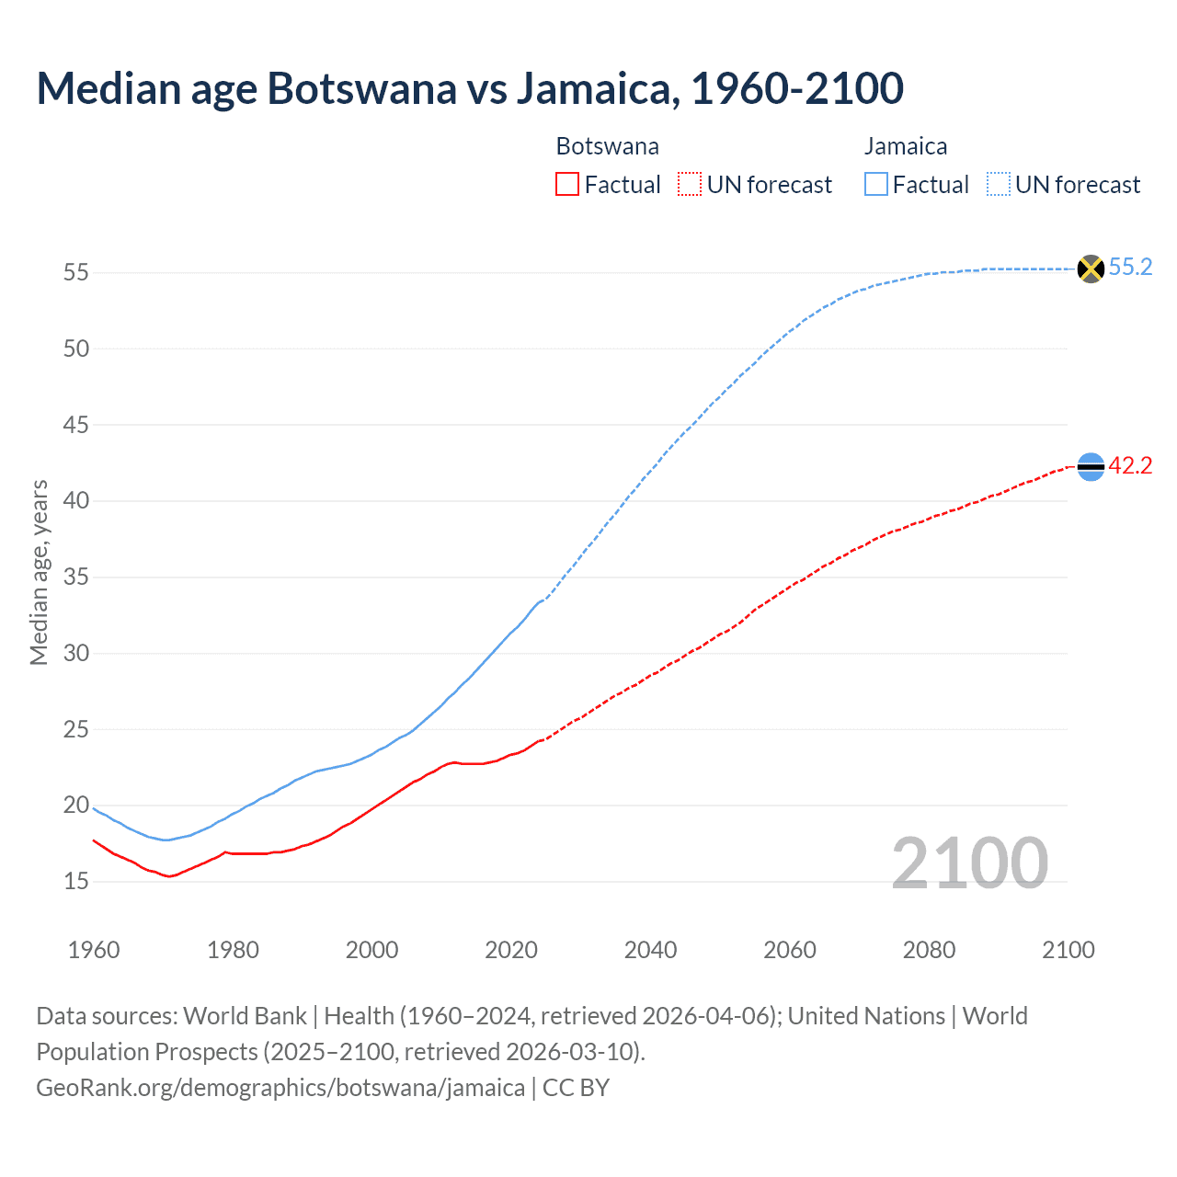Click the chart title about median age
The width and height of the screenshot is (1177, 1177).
470,88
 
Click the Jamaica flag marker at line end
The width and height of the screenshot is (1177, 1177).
1091,269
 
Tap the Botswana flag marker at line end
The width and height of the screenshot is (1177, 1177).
1091,467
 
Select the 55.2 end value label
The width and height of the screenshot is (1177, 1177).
1130,268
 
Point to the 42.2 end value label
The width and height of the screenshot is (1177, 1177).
1130,466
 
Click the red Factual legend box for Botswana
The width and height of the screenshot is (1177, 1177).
567,184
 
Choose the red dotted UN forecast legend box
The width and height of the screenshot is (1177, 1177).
690,184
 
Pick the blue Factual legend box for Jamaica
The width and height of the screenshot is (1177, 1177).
876,184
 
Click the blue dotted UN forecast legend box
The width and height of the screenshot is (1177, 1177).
999,184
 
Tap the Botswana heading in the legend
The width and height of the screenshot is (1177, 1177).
607,146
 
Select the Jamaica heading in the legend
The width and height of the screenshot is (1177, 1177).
905,146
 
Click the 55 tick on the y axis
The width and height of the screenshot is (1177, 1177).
76,273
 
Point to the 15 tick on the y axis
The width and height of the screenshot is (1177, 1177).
76,882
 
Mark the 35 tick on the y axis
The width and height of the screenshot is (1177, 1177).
76,577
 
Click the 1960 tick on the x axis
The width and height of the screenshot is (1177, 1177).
94,950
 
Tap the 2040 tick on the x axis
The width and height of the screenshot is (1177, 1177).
650,950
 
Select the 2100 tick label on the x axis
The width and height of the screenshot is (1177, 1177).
1068,950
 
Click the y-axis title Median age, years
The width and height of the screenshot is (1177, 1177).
39,572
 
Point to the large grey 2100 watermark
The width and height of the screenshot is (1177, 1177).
969,863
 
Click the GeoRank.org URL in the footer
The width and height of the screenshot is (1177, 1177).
280,1088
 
